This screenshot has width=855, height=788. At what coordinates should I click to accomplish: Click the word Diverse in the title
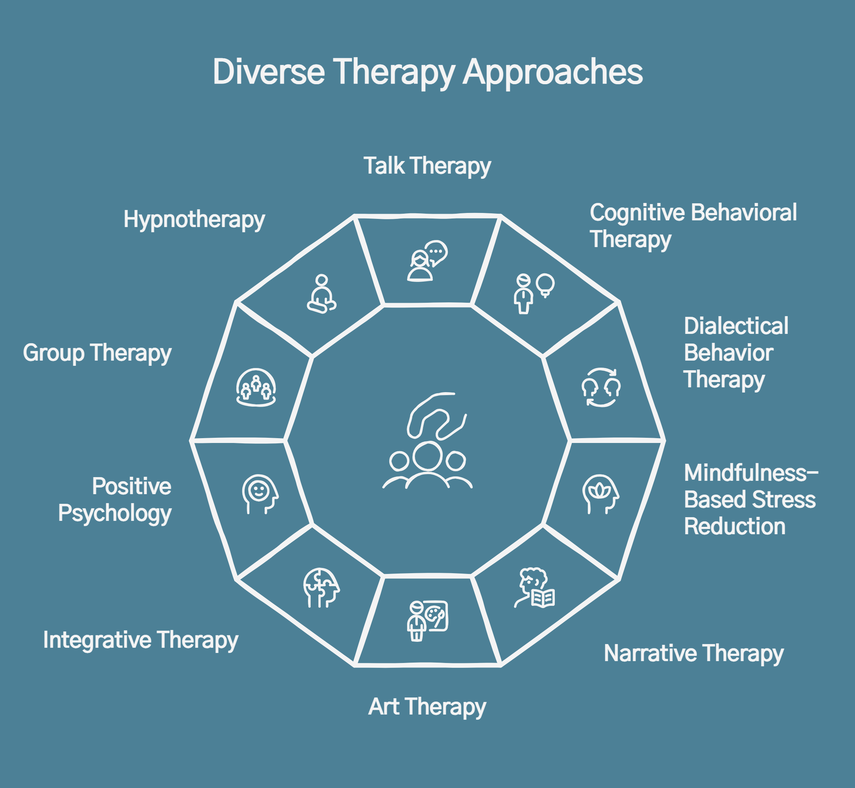[x=269, y=72]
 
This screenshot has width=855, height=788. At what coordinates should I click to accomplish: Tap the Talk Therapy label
[x=427, y=166]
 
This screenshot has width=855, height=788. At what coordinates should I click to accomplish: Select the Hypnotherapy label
[x=194, y=220]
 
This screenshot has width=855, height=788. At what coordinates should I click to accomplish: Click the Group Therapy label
[x=97, y=353]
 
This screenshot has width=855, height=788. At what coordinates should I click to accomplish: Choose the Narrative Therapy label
[x=693, y=653]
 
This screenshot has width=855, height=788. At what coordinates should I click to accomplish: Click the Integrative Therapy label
[x=141, y=640]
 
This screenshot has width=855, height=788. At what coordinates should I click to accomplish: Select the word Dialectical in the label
[x=736, y=326]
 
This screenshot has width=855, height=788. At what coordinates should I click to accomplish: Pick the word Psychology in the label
[x=115, y=513]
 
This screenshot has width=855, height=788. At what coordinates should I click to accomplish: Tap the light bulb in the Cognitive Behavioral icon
[x=545, y=284]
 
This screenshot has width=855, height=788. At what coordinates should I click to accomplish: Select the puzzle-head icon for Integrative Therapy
[x=321, y=587]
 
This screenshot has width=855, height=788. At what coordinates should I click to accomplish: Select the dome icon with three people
[x=256, y=387]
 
